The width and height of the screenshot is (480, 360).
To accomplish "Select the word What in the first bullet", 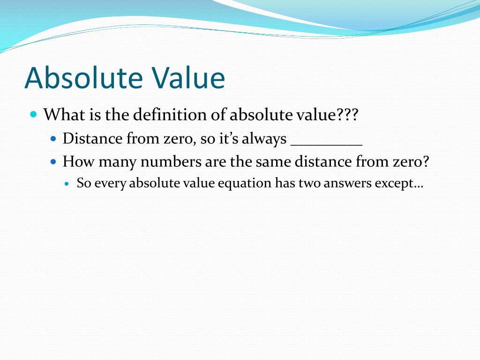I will point(59,114).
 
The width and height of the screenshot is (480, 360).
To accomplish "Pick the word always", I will point(264,139).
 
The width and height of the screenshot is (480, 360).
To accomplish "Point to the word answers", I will point(346,183).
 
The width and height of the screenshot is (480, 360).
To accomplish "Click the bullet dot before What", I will point(33,114).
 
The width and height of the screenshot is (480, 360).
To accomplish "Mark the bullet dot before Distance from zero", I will point(53,139).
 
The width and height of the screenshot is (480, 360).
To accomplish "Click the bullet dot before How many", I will point(53,162).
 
